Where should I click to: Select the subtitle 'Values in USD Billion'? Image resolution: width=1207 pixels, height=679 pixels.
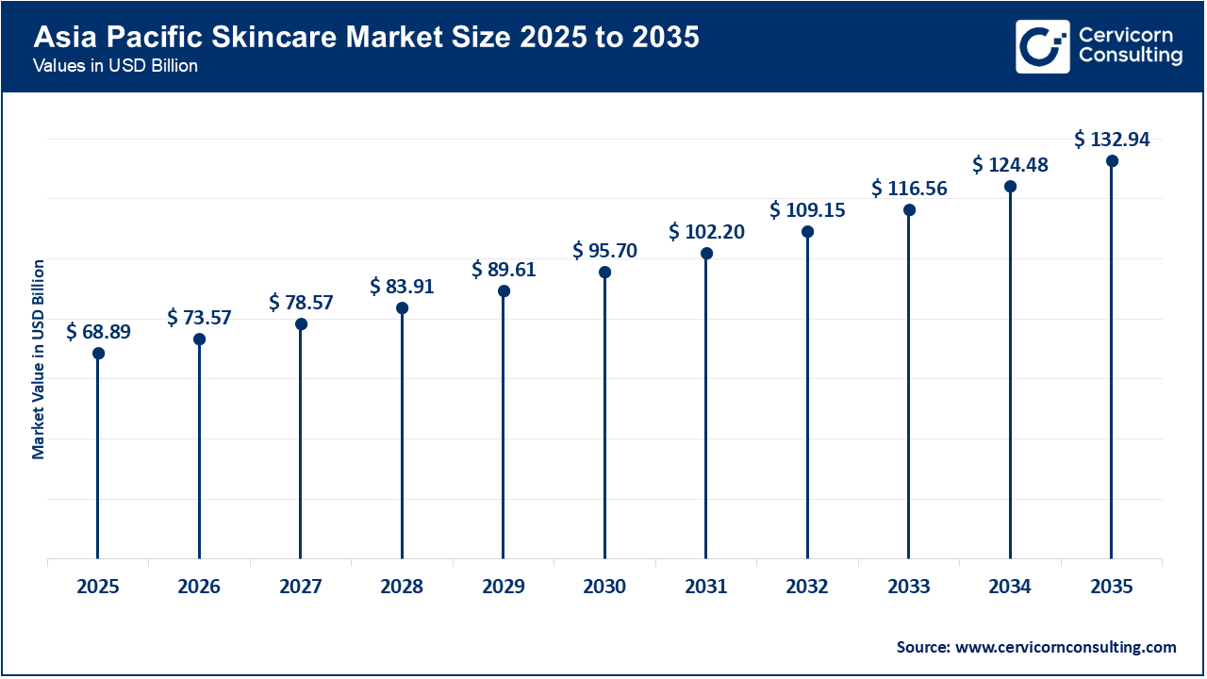115,67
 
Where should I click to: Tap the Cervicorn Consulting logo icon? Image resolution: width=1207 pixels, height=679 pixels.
1042,46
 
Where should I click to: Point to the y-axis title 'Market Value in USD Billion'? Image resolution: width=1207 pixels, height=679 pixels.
39,358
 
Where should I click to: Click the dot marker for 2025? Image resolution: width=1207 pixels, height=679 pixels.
98,354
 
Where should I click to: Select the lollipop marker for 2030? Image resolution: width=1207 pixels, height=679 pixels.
604,273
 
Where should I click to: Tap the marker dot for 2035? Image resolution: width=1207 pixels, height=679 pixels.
1112,161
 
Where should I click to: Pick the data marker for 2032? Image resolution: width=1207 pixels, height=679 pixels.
807,232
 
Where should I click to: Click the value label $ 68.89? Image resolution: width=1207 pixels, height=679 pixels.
98,332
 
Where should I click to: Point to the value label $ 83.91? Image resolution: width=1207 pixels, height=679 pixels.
402,287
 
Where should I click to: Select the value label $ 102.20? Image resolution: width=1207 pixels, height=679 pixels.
706,232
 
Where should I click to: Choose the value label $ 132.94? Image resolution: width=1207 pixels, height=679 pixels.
1112,140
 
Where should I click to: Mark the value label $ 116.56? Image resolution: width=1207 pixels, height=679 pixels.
909,189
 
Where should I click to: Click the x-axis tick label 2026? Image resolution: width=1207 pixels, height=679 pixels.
199,588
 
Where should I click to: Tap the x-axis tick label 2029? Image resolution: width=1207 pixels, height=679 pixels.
504,588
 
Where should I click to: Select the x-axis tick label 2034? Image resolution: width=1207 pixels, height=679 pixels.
1010,588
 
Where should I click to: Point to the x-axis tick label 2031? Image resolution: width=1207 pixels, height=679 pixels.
706,588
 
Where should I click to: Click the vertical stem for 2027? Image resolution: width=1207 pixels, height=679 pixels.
301,443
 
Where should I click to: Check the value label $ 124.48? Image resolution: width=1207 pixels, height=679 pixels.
1010,165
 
